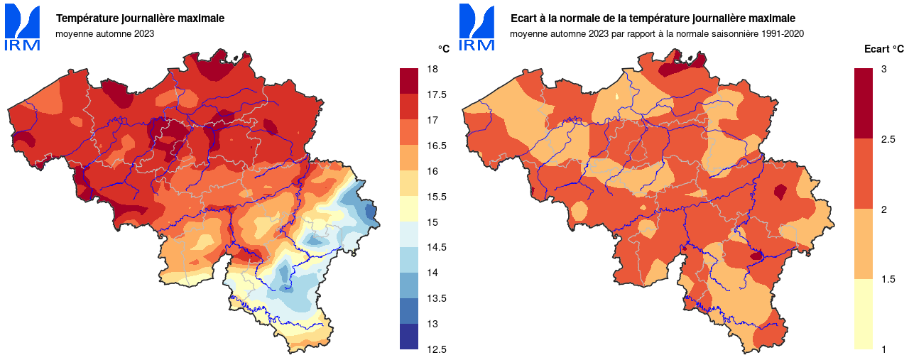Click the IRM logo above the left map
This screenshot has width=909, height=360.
click(x=22, y=28)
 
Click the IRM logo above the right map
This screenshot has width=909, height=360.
click(x=477, y=28)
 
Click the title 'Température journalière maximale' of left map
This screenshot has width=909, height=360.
click(x=141, y=18)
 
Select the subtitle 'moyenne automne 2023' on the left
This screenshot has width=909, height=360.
click(x=105, y=33)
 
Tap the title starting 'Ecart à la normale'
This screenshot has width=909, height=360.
click(x=653, y=18)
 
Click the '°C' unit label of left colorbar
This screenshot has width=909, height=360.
click(x=443, y=48)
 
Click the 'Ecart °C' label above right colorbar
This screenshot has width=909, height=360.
click(x=883, y=49)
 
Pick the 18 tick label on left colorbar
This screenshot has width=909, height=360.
click(x=431, y=69)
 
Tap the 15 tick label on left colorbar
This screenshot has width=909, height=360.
click(x=431, y=222)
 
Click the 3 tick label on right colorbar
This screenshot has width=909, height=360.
click(x=883, y=69)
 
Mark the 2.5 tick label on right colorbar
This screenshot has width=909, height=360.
click(x=887, y=138)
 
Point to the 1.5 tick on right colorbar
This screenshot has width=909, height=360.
click(x=887, y=279)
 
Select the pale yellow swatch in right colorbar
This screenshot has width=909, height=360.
click(x=863, y=314)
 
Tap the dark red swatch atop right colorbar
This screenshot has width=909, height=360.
click(x=863, y=103)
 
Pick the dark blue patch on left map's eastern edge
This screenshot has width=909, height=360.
click(x=369, y=211)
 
